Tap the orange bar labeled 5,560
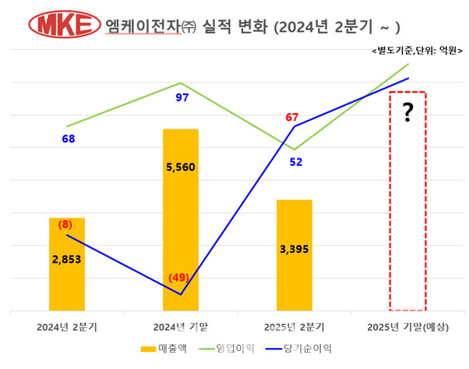[181, 234]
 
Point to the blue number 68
[69, 139]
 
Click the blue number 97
[182, 98]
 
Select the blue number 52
[296, 162]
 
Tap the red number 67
[292, 118]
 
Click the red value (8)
[65, 224]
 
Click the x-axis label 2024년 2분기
[68, 325]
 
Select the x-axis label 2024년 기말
[181, 325]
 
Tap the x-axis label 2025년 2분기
[294, 325]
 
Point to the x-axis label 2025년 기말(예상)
[407, 325]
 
